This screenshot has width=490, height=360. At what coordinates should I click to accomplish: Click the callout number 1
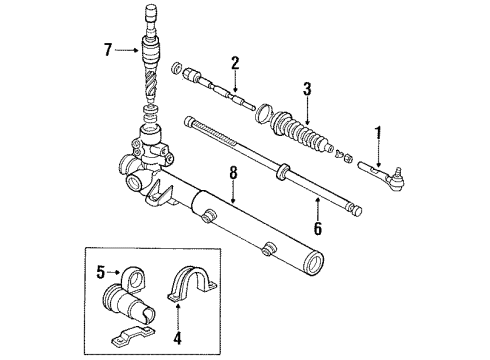click(377, 130)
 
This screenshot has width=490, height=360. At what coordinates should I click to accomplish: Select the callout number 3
click(308, 90)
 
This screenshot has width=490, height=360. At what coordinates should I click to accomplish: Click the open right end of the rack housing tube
click(314, 265)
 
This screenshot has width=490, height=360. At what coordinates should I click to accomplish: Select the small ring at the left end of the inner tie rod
click(176, 68)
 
